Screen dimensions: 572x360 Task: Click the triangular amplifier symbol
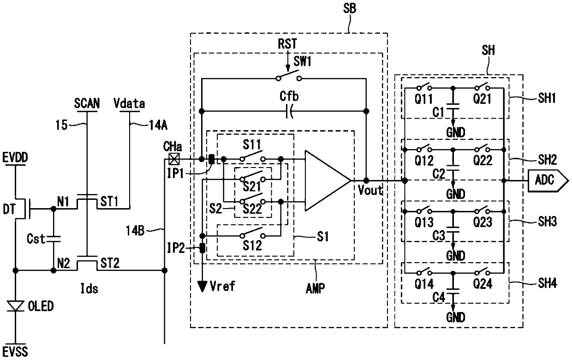pos(328,180)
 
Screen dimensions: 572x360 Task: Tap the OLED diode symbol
pos(15,306)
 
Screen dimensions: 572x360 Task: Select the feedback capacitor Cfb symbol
pos(289,111)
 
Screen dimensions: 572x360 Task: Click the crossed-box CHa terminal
pos(174,159)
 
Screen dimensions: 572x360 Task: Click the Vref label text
pos(222,286)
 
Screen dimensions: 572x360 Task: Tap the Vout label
pos(370,190)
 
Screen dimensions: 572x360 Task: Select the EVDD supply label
pos(15,157)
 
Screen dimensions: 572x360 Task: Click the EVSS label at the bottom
pos(15,352)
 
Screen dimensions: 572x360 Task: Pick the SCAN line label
pos(87,103)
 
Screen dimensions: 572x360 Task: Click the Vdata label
pos(129,103)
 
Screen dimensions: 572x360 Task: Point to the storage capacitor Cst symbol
pos(54,239)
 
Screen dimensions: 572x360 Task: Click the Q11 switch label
pos(423,99)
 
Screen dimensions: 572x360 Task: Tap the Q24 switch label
pos(482,284)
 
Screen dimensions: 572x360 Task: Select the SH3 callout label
pos(547,222)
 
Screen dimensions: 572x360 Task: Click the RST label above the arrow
pos(287,44)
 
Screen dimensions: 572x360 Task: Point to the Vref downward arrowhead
pos(202,286)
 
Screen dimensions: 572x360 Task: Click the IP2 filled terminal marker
pos(202,248)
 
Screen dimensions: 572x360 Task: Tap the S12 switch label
pos(252,246)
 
